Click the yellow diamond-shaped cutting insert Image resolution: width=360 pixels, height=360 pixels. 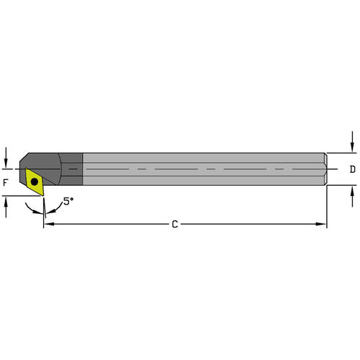coord(35,181)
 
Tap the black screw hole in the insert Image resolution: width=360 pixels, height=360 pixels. coord(34,181)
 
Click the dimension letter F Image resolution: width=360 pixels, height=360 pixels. coord(6,183)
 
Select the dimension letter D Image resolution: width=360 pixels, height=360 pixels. coord(352,170)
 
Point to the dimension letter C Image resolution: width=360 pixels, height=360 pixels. coord(174,225)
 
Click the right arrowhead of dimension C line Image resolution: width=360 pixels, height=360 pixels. coord(322,225)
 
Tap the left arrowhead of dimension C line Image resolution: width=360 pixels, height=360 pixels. coord(48,225)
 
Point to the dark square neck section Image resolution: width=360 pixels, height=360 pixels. coord(71,169)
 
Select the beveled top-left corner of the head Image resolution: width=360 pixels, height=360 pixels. coord(27,157)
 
